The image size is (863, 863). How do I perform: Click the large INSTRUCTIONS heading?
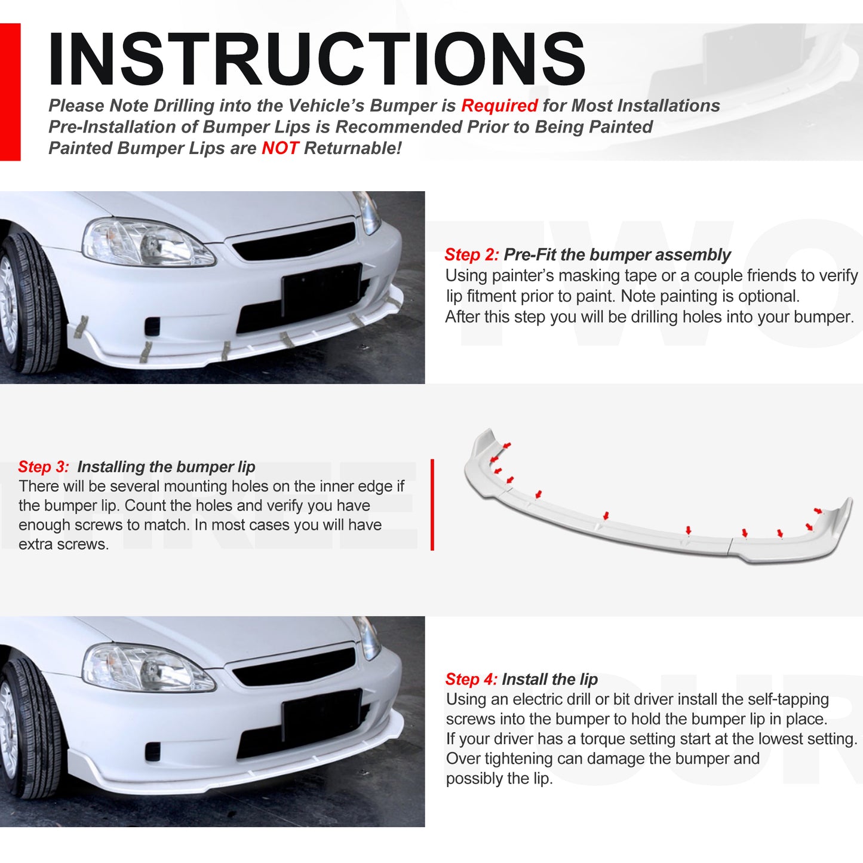317,59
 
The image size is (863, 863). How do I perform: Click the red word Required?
499,106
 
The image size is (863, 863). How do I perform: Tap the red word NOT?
280,148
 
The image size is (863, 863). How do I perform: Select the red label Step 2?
471,255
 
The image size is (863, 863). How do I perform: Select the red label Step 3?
44,466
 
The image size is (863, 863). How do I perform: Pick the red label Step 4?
471,679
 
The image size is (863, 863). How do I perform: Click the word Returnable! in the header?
353,148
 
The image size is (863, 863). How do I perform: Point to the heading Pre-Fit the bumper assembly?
617,255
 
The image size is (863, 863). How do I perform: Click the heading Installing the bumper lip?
166,466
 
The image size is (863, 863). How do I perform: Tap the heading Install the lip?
550,679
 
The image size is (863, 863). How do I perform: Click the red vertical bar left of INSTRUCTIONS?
10,92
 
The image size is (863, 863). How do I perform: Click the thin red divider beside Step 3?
432,505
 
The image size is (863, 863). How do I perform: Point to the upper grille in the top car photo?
293,241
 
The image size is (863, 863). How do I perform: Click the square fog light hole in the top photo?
153,326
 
